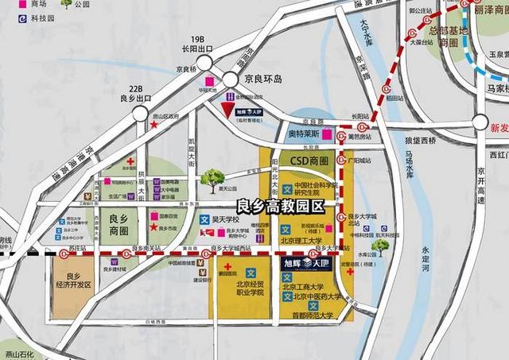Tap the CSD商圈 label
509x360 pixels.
pyautogui.click(x=309, y=161)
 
